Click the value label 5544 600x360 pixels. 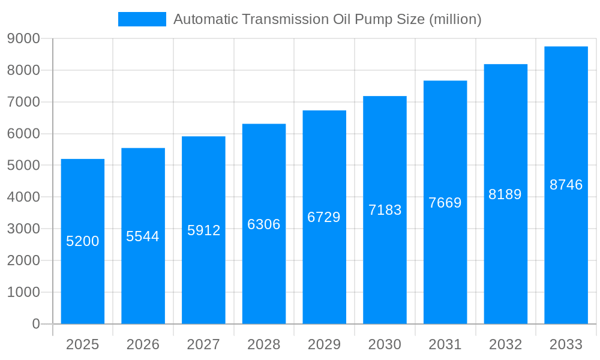click(143, 236)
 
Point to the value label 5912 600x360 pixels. click(204, 230)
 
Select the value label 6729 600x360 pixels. click(324, 217)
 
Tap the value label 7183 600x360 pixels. click(385, 210)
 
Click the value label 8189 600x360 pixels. click(505, 194)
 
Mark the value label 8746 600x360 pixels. click(566, 185)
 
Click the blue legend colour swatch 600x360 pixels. click(142, 19)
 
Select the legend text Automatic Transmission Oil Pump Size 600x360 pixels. click(327, 19)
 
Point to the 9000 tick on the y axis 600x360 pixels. click(23, 38)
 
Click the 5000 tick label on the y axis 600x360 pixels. click(23, 165)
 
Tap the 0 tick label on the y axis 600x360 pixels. click(35, 324)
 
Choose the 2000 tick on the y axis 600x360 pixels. click(23, 260)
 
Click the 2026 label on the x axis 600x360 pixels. click(143, 344)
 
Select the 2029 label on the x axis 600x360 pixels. click(324, 344)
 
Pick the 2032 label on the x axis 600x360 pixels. click(505, 344)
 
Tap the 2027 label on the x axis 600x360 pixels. click(203, 344)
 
